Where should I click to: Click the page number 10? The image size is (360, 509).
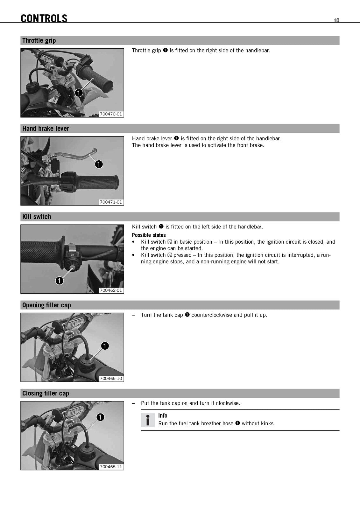click(336, 20)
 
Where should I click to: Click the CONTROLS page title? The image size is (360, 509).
click(44, 18)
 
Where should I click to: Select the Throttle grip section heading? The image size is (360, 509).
click(39, 40)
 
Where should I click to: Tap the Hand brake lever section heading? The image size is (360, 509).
click(46, 129)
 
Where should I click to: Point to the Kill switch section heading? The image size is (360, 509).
click(37, 217)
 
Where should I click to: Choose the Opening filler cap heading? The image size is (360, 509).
click(46, 305)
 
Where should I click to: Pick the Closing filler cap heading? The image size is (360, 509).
click(46, 393)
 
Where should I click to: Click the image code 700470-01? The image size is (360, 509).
click(111, 114)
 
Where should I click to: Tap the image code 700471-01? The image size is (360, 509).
click(111, 202)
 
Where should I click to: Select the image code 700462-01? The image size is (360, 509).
click(111, 290)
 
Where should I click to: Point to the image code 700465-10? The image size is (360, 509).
click(111, 379)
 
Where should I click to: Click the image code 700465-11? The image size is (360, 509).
click(111, 467)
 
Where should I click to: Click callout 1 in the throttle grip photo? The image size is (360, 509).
click(79, 93)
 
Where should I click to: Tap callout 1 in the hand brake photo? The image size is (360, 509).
click(99, 164)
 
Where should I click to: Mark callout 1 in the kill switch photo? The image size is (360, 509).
click(59, 281)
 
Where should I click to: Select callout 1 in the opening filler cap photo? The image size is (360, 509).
click(105, 346)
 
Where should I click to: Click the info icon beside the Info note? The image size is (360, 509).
click(148, 420)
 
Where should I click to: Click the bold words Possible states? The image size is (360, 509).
click(149, 235)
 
